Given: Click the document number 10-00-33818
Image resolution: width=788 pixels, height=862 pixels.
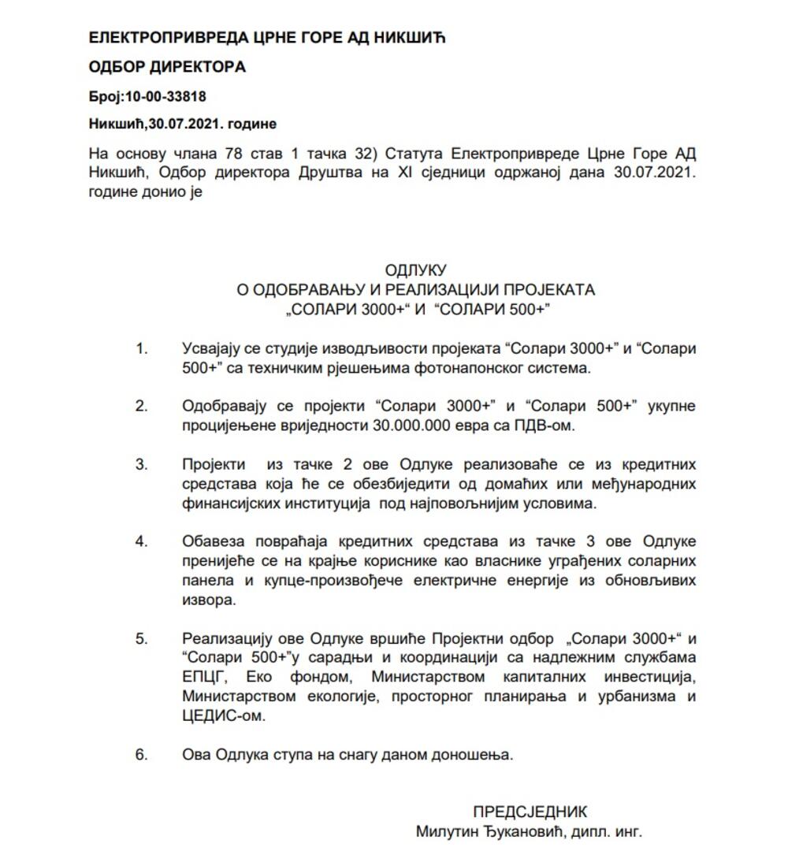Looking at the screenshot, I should tap(162, 96).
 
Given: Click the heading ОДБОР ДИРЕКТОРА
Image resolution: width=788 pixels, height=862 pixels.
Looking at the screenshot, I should tap(167, 67).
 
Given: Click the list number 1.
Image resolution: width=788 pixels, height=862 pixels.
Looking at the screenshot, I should tap(142, 348).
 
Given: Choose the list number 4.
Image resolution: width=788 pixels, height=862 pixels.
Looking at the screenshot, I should tap(142, 541).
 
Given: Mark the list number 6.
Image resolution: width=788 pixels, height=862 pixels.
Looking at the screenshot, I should tap(142, 754).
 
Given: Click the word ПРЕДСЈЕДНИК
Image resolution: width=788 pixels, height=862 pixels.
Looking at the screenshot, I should tap(530, 812).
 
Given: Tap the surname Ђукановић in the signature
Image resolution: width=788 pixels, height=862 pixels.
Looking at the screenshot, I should tap(517, 831).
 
